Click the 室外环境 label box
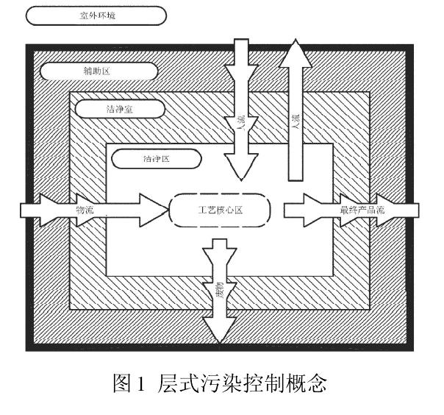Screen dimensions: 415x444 click(x=96, y=15)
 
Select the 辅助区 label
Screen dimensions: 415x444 click(x=99, y=71)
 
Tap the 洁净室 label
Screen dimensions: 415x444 click(x=118, y=109)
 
